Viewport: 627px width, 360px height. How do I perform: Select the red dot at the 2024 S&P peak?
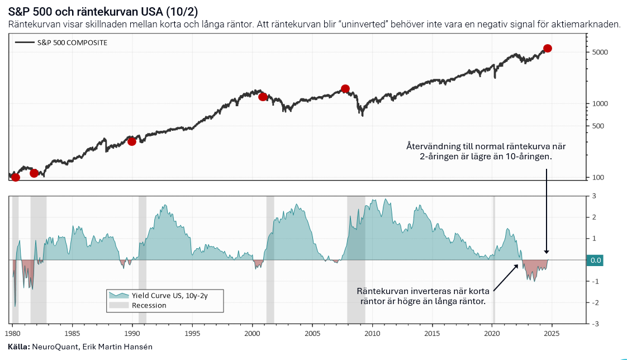(x=548, y=48)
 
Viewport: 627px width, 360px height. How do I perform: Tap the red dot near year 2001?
(x=263, y=97)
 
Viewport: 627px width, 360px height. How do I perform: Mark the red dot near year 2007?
(x=345, y=88)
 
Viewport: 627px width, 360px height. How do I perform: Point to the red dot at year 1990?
(x=132, y=141)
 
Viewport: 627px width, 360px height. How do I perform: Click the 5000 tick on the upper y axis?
(x=600, y=52)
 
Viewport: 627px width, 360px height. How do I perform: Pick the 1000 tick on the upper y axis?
(x=600, y=104)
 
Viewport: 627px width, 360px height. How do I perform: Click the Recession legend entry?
(x=149, y=305)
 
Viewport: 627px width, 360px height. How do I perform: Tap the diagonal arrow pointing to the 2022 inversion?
(x=506, y=277)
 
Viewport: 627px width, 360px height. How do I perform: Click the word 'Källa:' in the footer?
(x=18, y=347)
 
